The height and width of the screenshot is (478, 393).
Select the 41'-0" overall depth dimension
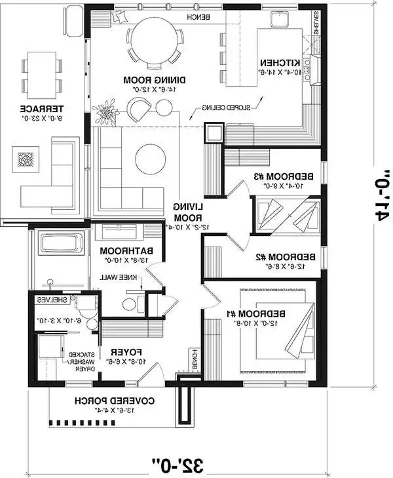click(x=384, y=197)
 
